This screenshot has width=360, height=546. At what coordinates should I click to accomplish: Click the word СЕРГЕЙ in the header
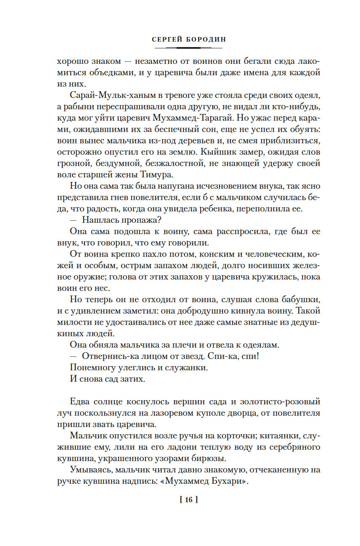tap(167, 39)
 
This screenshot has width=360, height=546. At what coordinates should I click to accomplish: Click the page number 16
tap(188, 500)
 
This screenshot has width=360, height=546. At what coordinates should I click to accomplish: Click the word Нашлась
tap(102, 219)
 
